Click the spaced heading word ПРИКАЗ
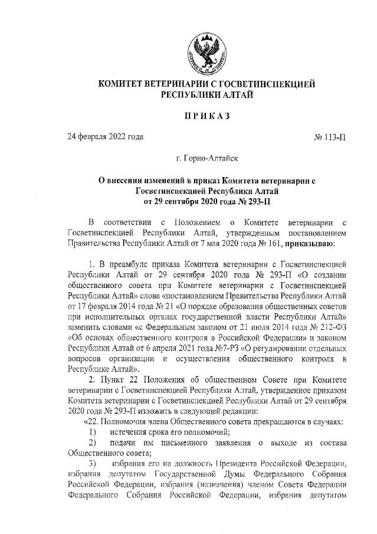[207, 116]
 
